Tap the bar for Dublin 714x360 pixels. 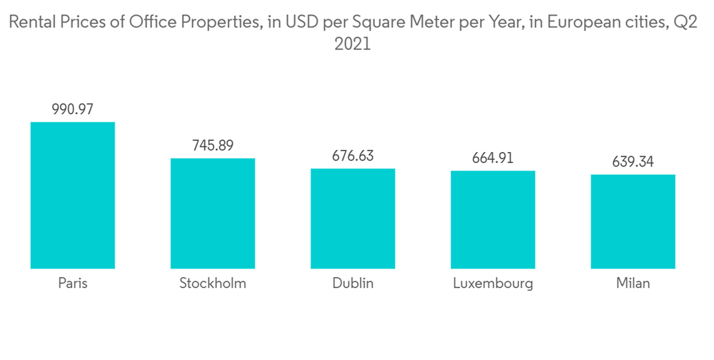[353, 219]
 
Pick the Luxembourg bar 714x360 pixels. [493, 219]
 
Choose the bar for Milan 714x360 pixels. [633, 221]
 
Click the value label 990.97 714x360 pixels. [73, 109]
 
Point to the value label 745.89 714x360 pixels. [213, 146]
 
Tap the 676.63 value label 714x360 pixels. [353, 156]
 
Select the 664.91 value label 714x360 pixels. [493, 158]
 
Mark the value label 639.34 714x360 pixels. [633, 162]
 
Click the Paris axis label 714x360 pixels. [73, 283]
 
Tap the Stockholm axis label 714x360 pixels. [213, 283]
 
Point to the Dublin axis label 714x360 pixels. [353, 283]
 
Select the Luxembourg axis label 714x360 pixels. [493, 283]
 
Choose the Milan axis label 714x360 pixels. [633, 283]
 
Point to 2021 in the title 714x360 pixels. [353, 44]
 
